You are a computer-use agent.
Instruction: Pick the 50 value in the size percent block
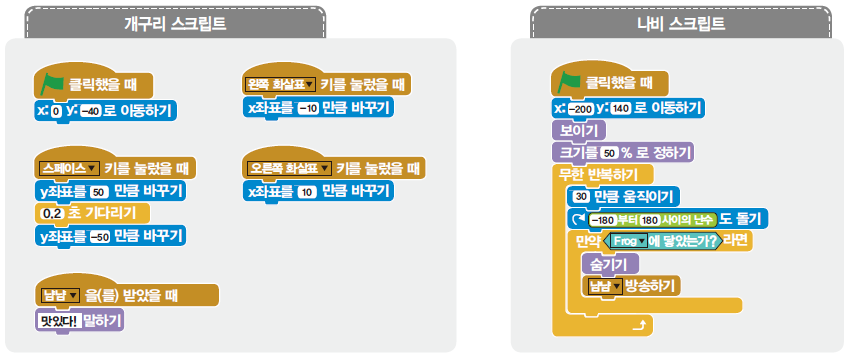pos(611,153)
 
